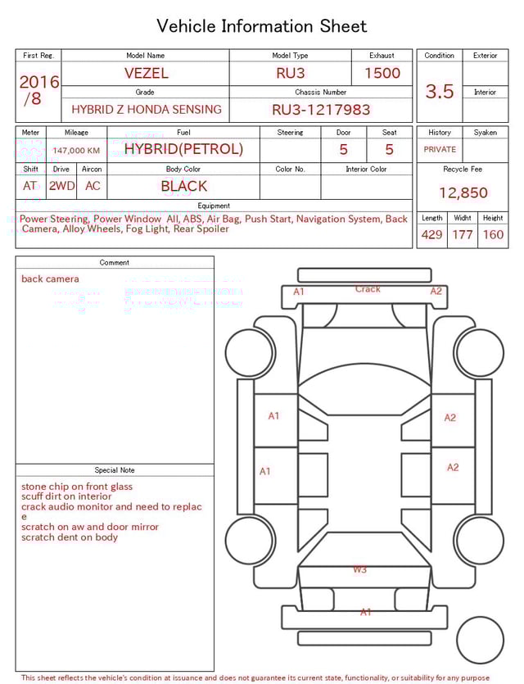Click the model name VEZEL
pyautogui.click(x=146, y=73)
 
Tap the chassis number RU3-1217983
pyautogui.click(x=321, y=109)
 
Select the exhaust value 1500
pyautogui.click(x=382, y=73)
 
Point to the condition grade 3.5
pyautogui.click(x=440, y=92)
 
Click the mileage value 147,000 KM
pyautogui.click(x=76, y=151)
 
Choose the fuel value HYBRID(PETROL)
pyautogui.click(x=183, y=149)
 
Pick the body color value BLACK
pyautogui.click(x=183, y=186)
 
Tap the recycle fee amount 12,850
pyautogui.click(x=463, y=193)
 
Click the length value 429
pyautogui.click(x=431, y=235)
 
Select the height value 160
pyautogui.click(x=493, y=235)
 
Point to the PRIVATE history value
pyautogui.click(x=440, y=149)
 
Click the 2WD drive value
pyautogui.click(x=61, y=186)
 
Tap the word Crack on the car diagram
pyautogui.click(x=368, y=289)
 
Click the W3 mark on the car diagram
pyautogui.click(x=359, y=569)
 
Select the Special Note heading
pyautogui.click(x=115, y=470)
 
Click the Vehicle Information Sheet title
pyautogui.click(x=262, y=26)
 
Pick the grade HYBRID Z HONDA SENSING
pyautogui.click(x=146, y=109)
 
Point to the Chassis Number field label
pyautogui.click(x=321, y=93)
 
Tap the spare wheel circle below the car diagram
pyautogui.click(x=480, y=641)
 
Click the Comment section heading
pyautogui.click(x=115, y=263)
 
